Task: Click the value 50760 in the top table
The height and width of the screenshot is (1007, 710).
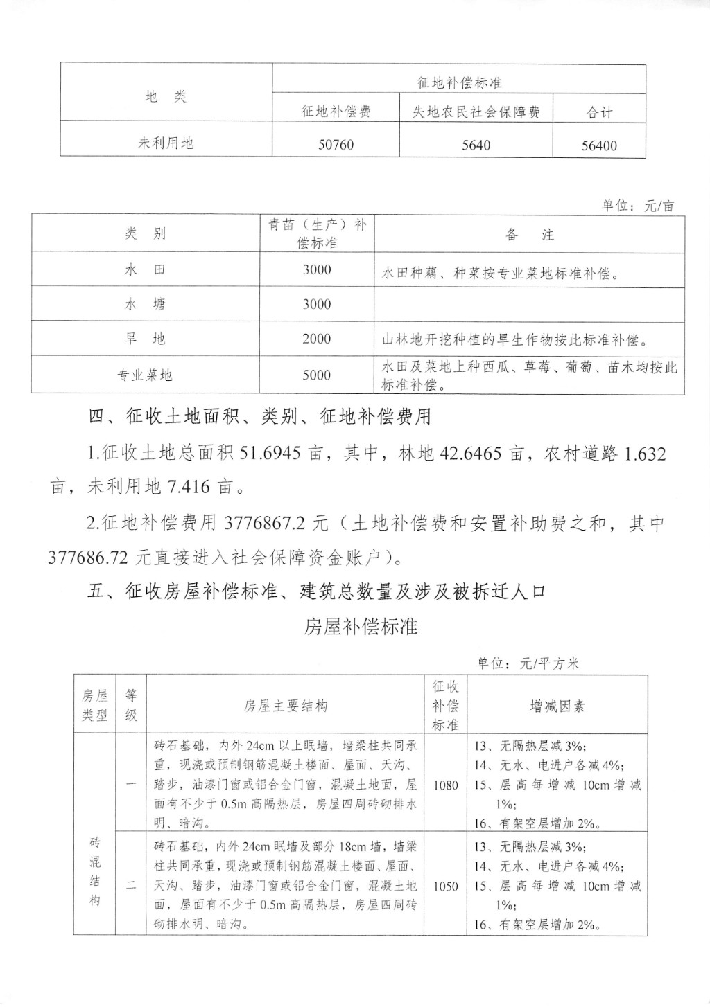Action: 336,145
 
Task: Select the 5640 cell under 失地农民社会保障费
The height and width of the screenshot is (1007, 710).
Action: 476,145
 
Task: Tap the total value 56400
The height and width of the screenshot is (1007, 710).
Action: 599,145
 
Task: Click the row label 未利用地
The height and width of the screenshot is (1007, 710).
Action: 166,143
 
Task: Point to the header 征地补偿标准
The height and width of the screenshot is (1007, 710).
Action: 459,82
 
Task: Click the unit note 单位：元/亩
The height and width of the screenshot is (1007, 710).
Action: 637,206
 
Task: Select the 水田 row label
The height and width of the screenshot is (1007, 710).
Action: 146,269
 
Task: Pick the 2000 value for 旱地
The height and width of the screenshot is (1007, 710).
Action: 317,339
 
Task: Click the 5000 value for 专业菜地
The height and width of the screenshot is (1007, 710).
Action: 317,375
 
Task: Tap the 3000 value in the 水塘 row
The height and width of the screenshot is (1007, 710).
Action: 317,304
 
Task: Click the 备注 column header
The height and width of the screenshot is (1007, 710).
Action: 530,235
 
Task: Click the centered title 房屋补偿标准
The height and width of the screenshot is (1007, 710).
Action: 361,627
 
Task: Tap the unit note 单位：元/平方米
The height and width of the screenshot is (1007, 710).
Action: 527,663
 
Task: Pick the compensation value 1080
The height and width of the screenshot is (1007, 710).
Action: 446,785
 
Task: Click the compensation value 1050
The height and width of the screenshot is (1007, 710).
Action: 446,886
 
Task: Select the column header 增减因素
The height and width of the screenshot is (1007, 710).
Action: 557,706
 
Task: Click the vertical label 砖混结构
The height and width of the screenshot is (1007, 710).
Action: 95,872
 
